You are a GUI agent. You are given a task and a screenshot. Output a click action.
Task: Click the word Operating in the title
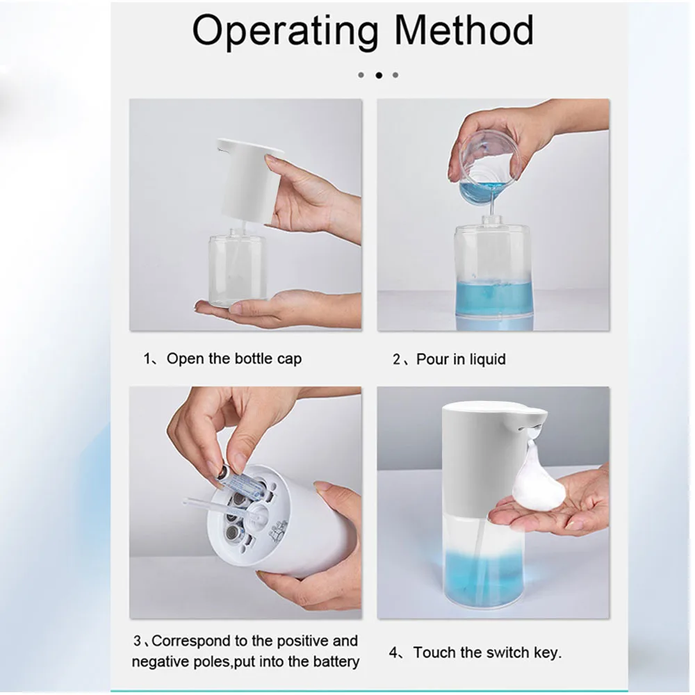pyautogui.click(x=286, y=31)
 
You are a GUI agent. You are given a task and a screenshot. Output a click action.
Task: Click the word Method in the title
pyautogui.click(x=464, y=31)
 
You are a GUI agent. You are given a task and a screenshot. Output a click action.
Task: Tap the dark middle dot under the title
pyautogui.click(x=379, y=74)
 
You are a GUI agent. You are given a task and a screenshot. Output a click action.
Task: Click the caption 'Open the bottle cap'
pyautogui.click(x=234, y=359)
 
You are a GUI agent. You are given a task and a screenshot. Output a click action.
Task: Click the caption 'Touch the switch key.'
pyautogui.click(x=487, y=653)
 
